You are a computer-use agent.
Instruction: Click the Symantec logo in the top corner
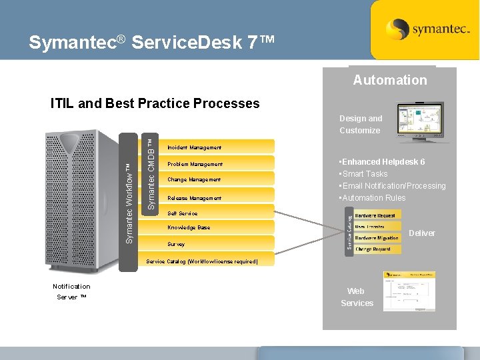pyautogui.click(x=424, y=29)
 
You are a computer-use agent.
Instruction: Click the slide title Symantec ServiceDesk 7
pyautogui.click(x=151, y=43)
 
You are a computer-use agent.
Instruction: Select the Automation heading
pyautogui.click(x=390, y=80)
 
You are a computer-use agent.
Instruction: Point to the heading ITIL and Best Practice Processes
pyautogui.click(x=155, y=103)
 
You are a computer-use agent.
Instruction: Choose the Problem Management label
pyautogui.click(x=195, y=164)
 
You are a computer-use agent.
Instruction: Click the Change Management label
pyautogui.click(x=194, y=180)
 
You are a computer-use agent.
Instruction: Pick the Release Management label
pyautogui.click(x=194, y=198)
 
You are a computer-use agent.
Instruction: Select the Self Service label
pyautogui.click(x=182, y=214)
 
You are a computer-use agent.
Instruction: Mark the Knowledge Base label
pyautogui.click(x=189, y=228)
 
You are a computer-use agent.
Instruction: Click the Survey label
pyautogui.click(x=176, y=245)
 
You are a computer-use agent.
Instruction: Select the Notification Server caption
pyautogui.click(x=71, y=291)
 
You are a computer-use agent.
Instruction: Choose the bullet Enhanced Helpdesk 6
pyautogui.click(x=382, y=162)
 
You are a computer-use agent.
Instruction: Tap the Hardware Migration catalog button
pyautogui.click(x=377, y=238)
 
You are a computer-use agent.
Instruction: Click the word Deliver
pyautogui.click(x=421, y=233)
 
